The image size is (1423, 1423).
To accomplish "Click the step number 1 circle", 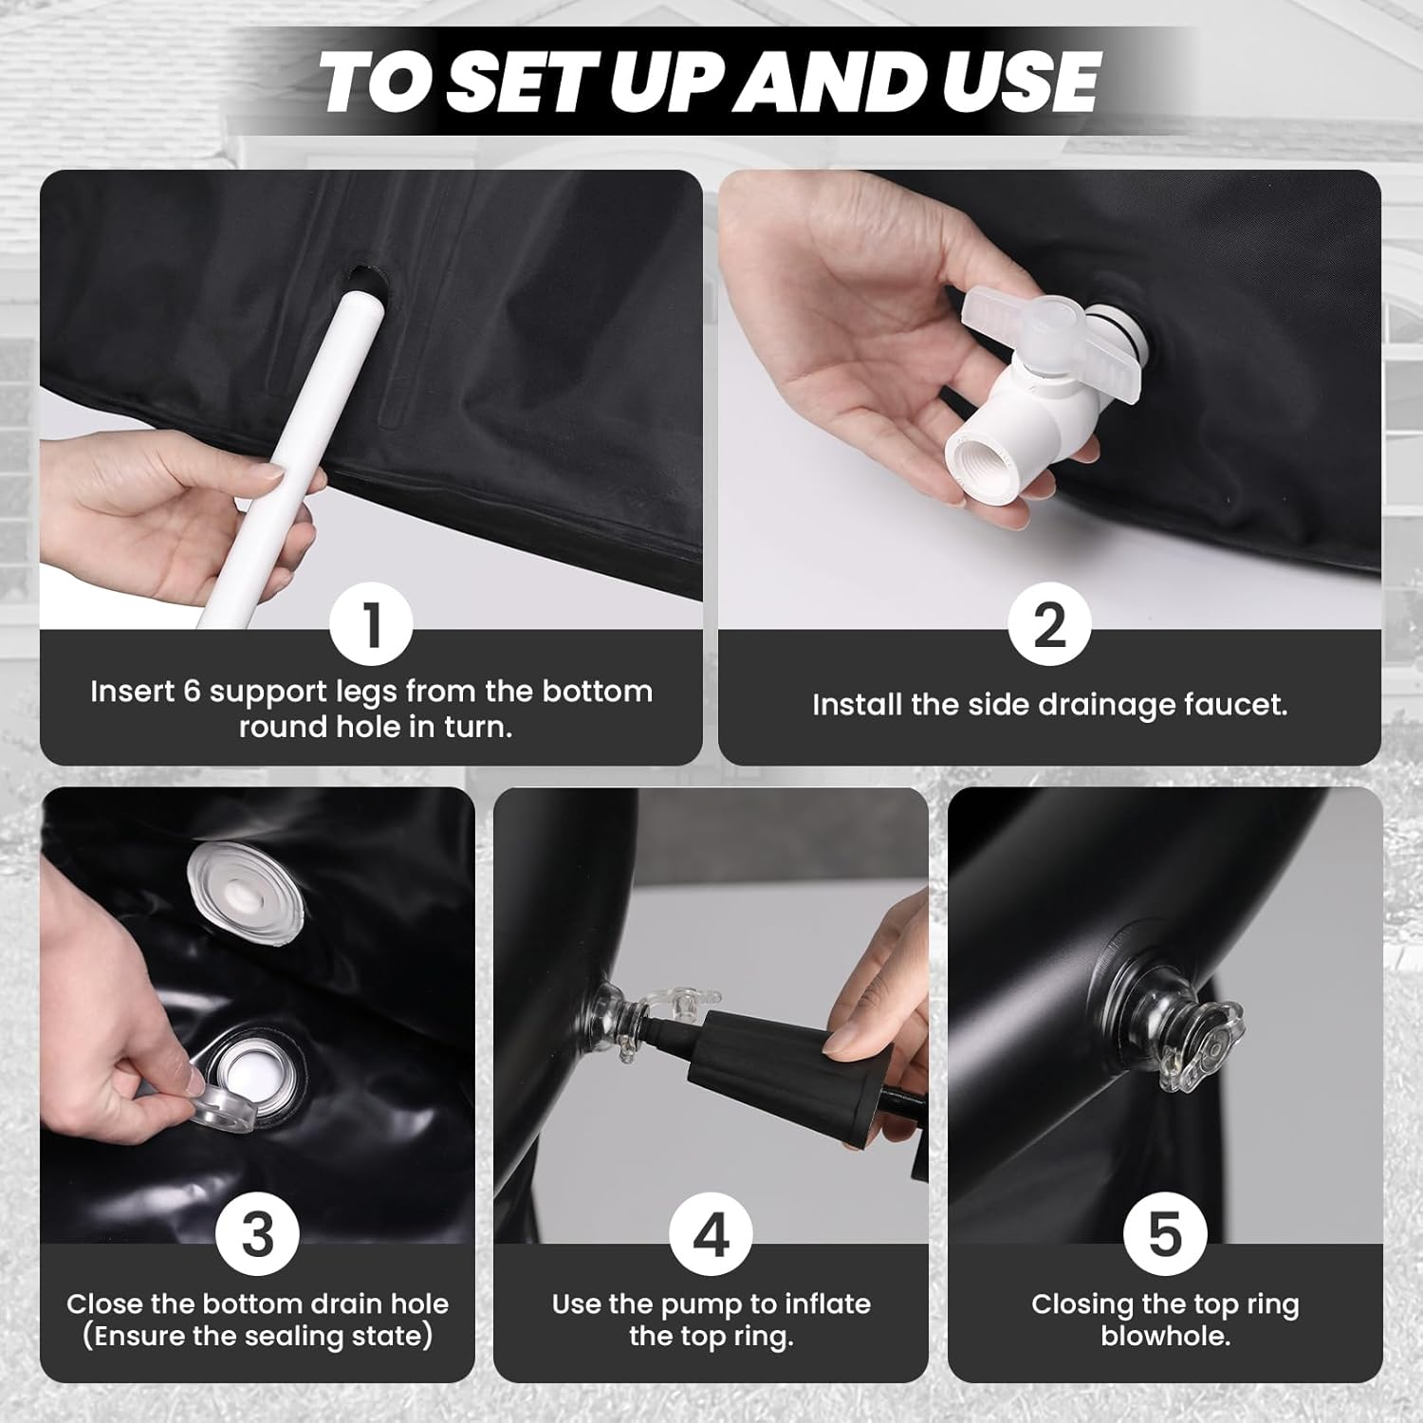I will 371,626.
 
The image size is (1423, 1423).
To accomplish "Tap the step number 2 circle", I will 1049,626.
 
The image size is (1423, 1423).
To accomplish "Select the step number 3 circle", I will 257,1235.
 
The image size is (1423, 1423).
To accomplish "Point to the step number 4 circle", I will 711,1235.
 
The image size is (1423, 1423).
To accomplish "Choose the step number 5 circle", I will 1165,1235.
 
